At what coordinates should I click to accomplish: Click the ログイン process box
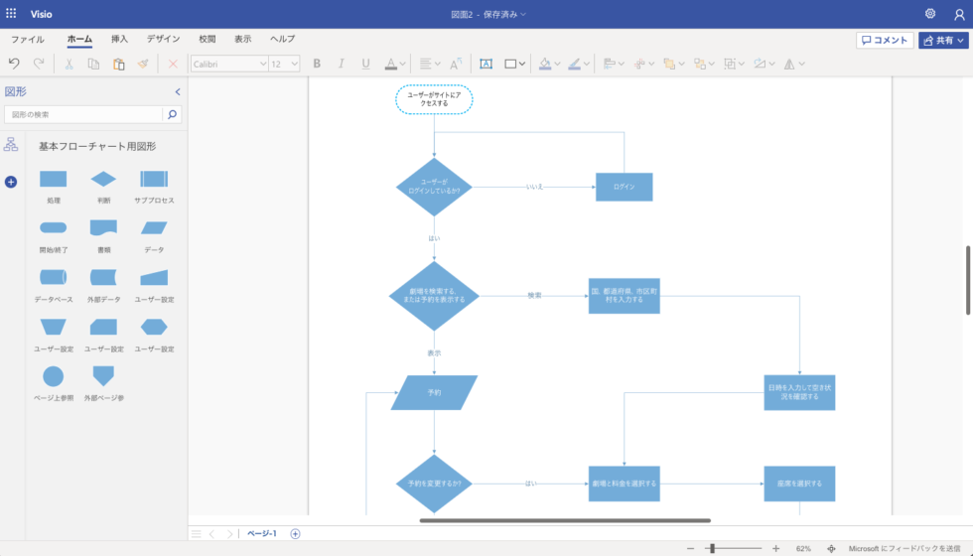point(624,187)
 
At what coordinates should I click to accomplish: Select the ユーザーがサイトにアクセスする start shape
point(434,99)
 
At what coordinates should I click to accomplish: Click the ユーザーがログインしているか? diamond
point(434,187)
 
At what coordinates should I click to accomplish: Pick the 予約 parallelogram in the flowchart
point(434,392)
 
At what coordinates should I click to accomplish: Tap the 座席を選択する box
point(798,484)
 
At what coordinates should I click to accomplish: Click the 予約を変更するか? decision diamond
point(434,484)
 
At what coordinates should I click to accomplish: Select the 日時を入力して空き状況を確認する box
point(798,392)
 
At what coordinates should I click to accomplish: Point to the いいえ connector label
point(534,187)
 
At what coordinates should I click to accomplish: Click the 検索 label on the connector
point(534,296)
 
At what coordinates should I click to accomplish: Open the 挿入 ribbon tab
point(119,39)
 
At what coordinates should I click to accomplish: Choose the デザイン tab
point(163,39)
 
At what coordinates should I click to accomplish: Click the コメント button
point(885,40)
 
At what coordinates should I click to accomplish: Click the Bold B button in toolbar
point(317,64)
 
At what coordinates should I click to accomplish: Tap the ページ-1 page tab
point(262,533)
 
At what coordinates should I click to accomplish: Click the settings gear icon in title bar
point(930,14)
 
